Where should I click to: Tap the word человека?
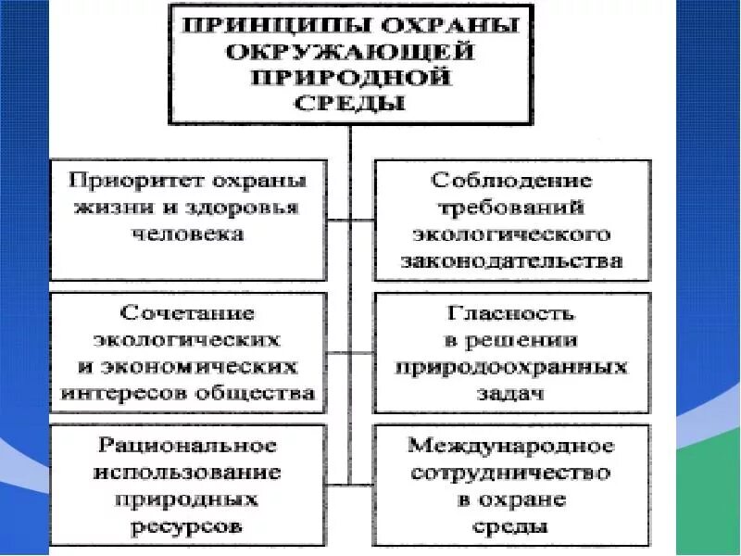pos(189,234)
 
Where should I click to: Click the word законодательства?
pos(511,261)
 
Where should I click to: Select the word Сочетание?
pos(187,312)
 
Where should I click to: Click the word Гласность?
pos(511,312)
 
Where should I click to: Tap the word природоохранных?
pos(511,366)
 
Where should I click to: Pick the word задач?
pos(511,393)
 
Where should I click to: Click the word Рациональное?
pos(187,445)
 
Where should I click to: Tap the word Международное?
pos(511,445)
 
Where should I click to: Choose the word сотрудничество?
pos(511,472)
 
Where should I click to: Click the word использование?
pos(187,472)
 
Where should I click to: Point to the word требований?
pos(511,208)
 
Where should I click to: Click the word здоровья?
pos(243,208)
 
